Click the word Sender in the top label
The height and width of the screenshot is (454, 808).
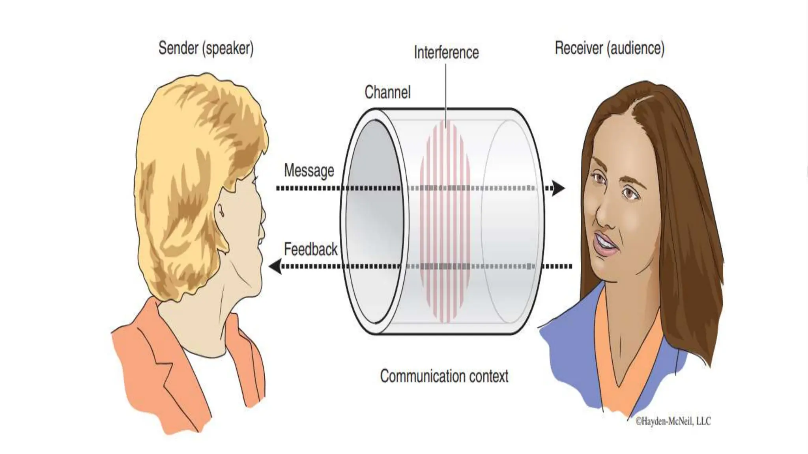point(178,48)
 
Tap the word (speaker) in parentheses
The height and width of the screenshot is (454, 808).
point(228,48)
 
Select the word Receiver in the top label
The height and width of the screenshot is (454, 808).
point(579,48)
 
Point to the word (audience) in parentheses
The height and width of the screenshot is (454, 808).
point(636,48)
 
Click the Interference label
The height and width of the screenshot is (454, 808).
point(446,52)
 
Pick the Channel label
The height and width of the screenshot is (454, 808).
point(387,92)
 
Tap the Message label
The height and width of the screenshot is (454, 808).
point(309,171)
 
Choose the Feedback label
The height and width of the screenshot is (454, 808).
point(310,249)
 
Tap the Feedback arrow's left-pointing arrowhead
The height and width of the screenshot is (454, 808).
point(275,266)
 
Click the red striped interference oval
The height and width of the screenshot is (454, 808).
point(445,221)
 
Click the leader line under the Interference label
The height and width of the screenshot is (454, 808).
point(446,95)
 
